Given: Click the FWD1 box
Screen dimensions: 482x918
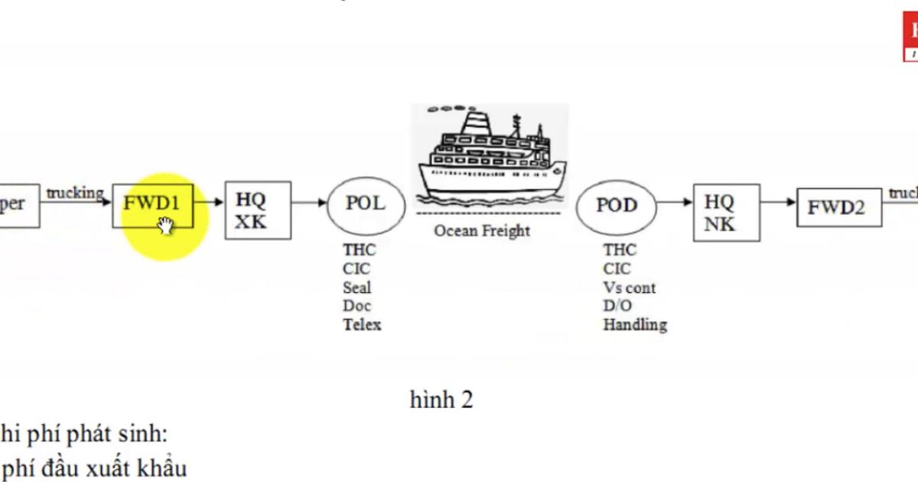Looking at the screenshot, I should pyautogui.click(x=152, y=204).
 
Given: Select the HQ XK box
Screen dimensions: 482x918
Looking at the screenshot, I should pyautogui.click(x=258, y=210).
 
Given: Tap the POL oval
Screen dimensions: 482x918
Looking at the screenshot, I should pyautogui.click(x=366, y=204).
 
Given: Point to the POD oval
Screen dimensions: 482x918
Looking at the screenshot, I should pyautogui.click(x=616, y=207).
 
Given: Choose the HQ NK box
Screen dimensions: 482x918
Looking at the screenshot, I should pyautogui.click(x=726, y=212).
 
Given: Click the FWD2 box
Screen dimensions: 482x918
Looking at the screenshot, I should pyautogui.click(x=838, y=207).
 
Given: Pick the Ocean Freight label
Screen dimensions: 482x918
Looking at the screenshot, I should pyautogui.click(x=482, y=230).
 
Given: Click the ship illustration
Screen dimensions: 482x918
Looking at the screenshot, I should pyautogui.click(x=490, y=157).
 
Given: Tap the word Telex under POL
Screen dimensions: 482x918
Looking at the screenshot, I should pyautogui.click(x=362, y=324).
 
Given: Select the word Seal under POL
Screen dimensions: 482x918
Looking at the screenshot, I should pyautogui.click(x=357, y=288).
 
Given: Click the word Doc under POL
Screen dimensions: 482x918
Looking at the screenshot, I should pyautogui.click(x=356, y=306).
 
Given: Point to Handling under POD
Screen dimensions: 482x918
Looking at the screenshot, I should pyautogui.click(x=634, y=324).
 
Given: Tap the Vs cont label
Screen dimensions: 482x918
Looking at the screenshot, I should pyautogui.click(x=629, y=288).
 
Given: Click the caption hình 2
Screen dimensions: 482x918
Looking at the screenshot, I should pyautogui.click(x=441, y=399).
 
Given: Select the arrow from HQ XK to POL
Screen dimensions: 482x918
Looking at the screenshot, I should pyautogui.click(x=309, y=203).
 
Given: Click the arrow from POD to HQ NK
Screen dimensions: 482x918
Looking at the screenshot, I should pyautogui.click(x=675, y=203).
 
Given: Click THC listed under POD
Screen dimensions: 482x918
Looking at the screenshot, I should pyautogui.click(x=619, y=250).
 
